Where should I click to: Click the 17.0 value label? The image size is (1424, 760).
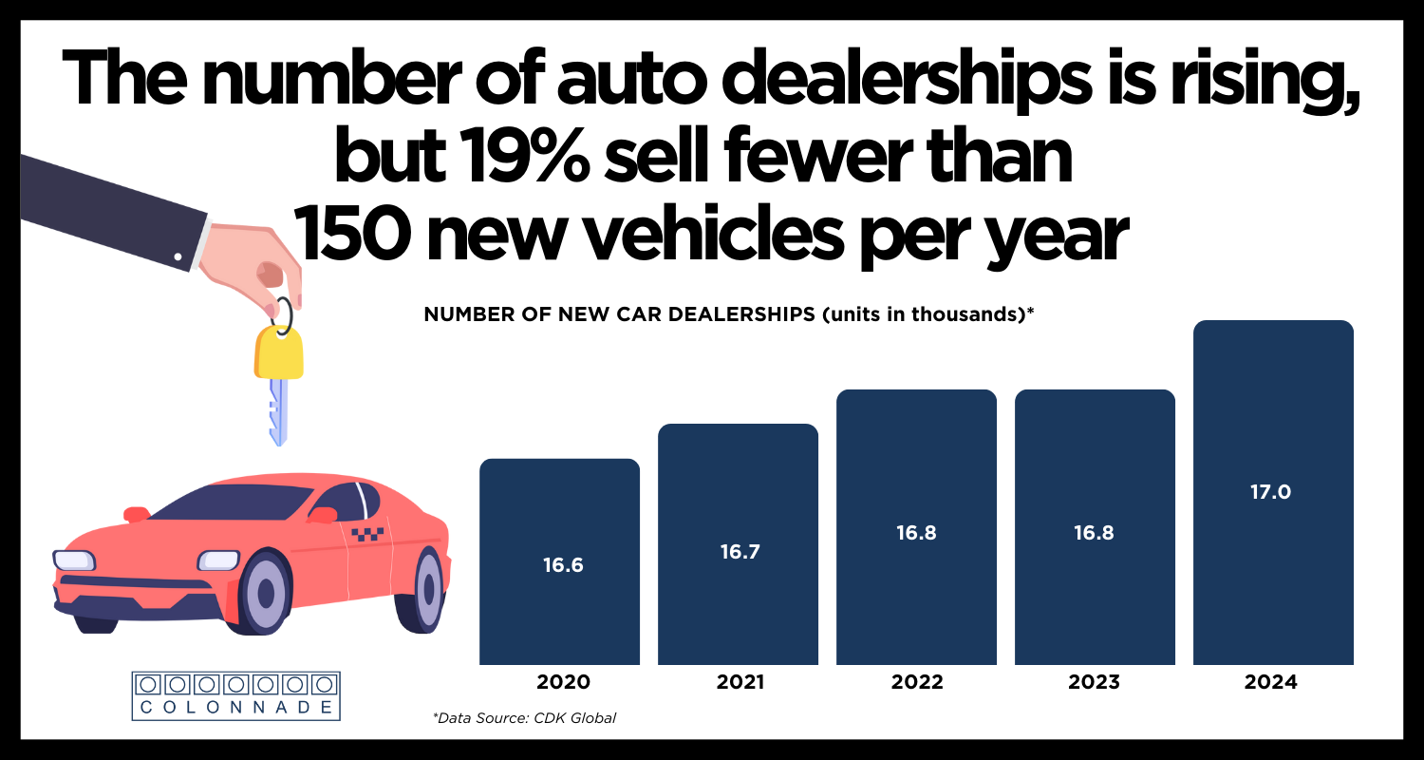point(1273,492)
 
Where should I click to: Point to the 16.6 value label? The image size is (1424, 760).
point(563,565)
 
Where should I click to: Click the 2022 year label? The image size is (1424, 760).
point(916,682)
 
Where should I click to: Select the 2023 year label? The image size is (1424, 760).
point(1094,682)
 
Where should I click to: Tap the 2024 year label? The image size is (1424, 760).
point(1272,682)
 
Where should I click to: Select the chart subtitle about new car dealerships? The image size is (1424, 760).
point(728,315)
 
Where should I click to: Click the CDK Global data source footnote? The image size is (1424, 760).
point(524,718)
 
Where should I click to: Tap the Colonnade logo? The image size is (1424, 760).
point(236,694)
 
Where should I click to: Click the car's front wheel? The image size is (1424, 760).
point(269,593)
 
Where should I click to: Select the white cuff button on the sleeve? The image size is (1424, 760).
point(178,256)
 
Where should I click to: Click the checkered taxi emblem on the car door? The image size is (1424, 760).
point(368,534)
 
